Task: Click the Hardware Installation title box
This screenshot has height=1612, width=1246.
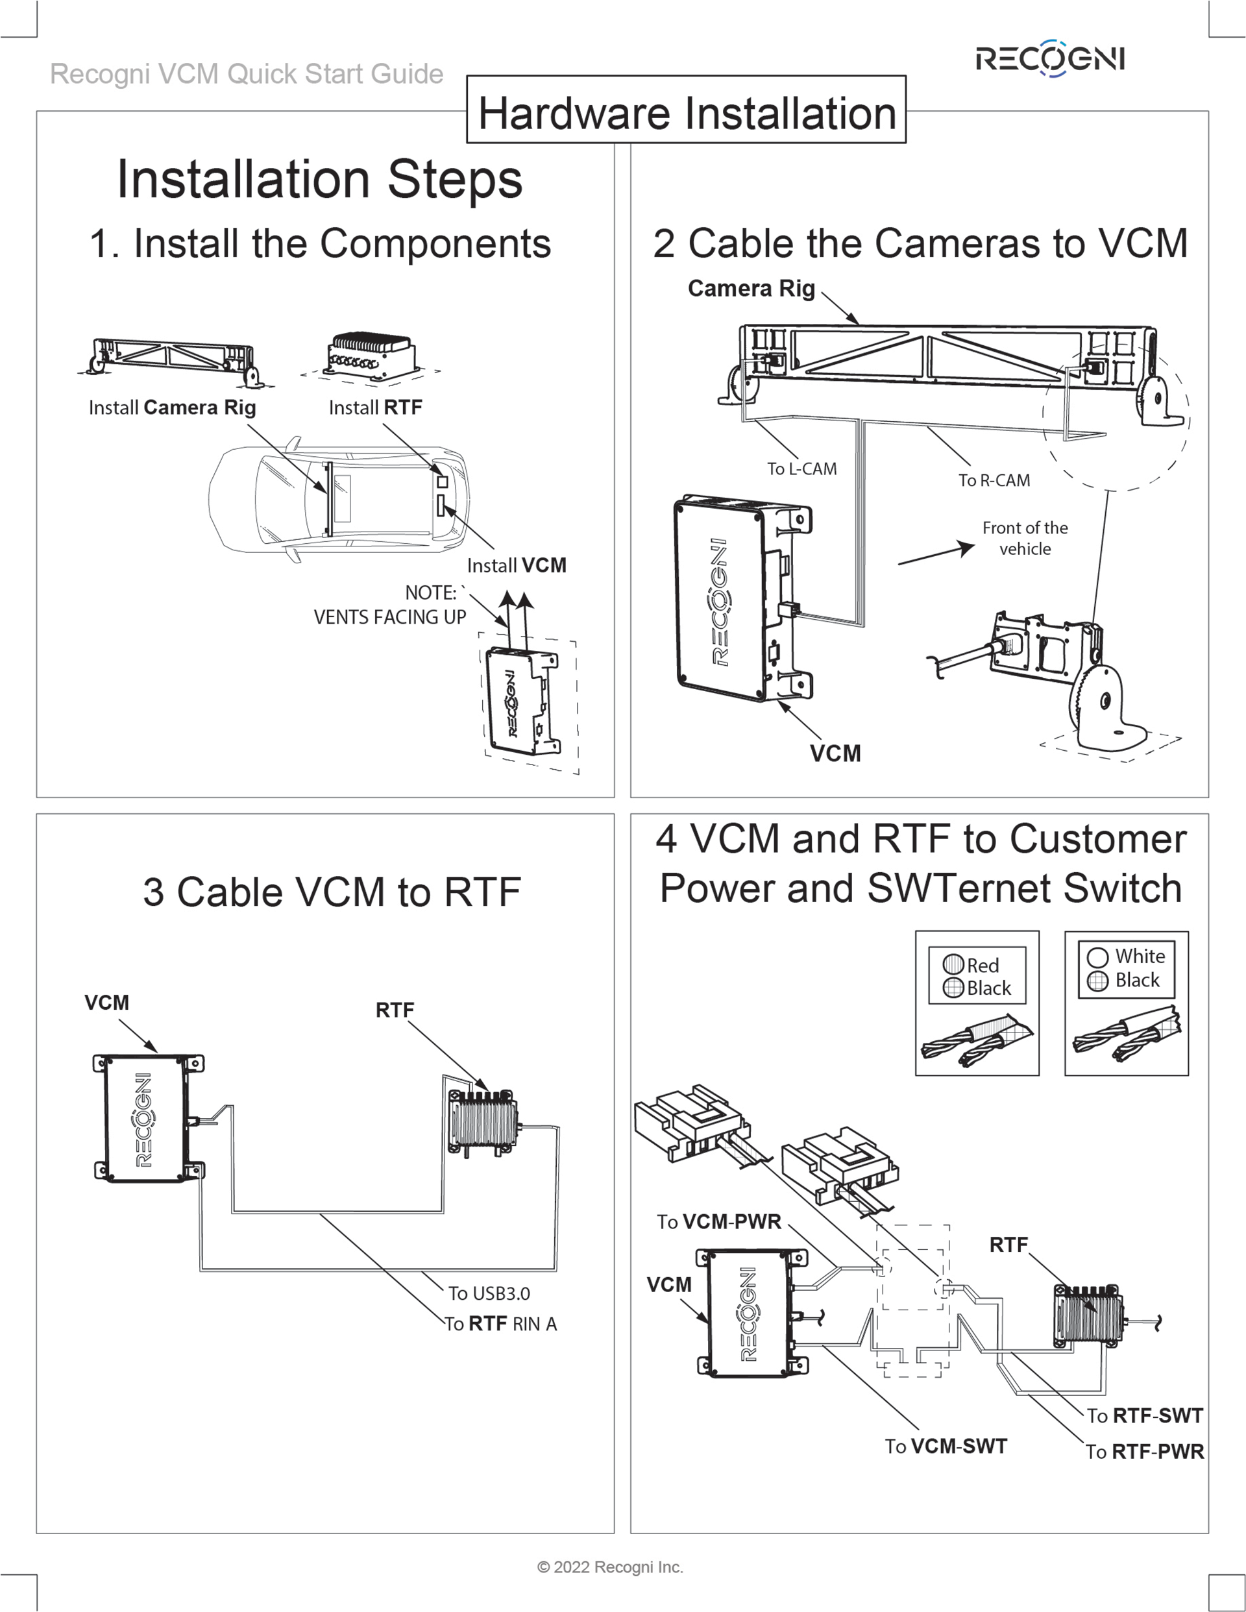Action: tap(686, 112)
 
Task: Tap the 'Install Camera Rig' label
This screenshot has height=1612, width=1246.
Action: tap(172, 408)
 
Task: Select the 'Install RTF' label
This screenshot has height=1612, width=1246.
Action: tap(375, 408)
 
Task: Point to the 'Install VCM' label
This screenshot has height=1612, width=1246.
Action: tap(517, 565)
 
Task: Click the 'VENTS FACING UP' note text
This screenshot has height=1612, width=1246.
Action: tap(390, 617)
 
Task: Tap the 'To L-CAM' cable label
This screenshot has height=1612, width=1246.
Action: tap(801, 469)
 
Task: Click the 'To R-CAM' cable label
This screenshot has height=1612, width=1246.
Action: tap(994, 480)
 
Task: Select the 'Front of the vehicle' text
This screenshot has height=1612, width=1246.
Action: tap(1025, 538)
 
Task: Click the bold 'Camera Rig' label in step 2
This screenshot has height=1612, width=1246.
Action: tap(751, 289)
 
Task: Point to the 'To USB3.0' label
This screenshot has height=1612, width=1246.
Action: tap(489, 1293)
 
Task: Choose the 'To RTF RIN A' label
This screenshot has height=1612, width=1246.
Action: tap(500, 1324)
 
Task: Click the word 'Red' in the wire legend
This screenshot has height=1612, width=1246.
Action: tap(983, 966)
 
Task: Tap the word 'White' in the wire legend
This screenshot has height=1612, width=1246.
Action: tap(1140, 957)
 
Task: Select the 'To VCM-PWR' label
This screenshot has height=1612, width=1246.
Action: tap(719, 1221)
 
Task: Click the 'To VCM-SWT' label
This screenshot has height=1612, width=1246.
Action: tap(946, 1446)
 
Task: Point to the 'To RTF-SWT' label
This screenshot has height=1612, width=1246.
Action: tap(1144, 1415)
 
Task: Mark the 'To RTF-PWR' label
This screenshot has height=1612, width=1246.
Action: tap(1144, 1452)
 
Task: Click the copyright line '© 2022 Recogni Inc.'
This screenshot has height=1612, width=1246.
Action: tap(610, 1567)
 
